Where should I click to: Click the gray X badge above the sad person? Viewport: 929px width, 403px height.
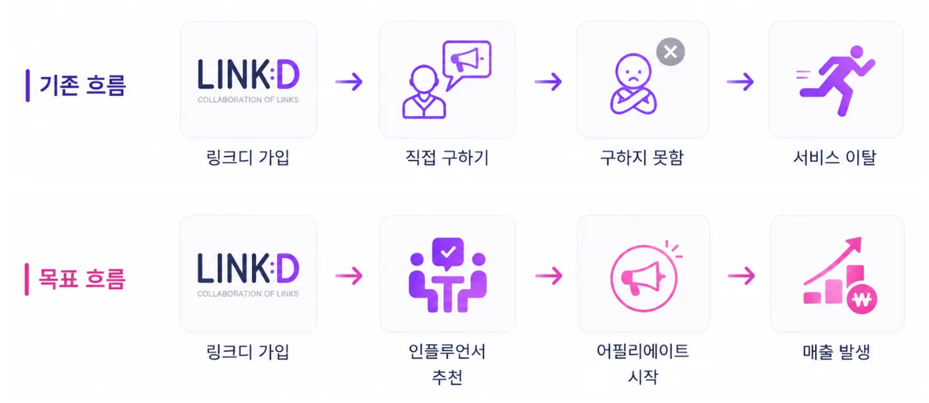click(x=670, y=52)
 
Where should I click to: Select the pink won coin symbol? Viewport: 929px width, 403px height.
click(x=862, y=299)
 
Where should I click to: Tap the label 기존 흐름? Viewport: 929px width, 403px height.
click(x=82, y=85)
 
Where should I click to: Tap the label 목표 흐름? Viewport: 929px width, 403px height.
click(x=82, y=278)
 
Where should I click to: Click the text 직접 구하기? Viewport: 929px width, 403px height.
click(x=447, y=158)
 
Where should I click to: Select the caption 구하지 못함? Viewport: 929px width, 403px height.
click(x=641, y=158)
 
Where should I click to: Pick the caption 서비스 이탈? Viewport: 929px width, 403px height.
click(x=835, y=158)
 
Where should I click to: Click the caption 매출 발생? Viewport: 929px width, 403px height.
click(x=836, y=352)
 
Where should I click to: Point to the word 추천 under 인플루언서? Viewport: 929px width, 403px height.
click(x=447, y=377)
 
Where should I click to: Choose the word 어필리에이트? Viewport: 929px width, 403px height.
click(x=642, y=352)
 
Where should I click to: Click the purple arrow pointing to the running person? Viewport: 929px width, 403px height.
click(x=740, y=82)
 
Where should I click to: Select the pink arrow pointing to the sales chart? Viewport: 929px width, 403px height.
click(x=742, y=275)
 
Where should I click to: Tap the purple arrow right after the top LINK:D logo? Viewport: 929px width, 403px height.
click(x=349, y=82)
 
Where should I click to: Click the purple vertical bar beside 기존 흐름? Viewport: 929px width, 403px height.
click(x=28, y=85)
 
